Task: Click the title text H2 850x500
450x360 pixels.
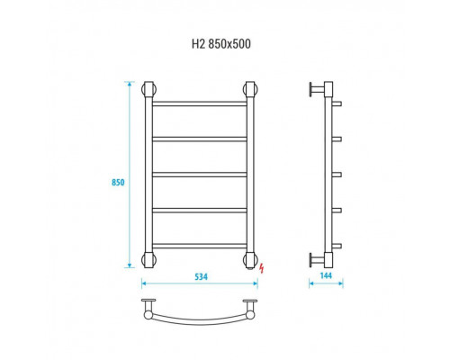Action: [221, 44]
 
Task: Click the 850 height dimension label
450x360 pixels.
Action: [118, 183]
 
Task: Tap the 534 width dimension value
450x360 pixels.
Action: [201, 276]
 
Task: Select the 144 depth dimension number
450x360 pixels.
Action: [326, 275]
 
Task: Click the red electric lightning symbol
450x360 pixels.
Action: [262, 268]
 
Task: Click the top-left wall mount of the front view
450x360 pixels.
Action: [148, 89]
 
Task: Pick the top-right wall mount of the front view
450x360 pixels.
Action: [250, 89]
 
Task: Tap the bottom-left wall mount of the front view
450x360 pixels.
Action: [148, 260]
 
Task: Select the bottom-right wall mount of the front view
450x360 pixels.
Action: [250, 260]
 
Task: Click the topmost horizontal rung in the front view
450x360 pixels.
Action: [200, 103]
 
